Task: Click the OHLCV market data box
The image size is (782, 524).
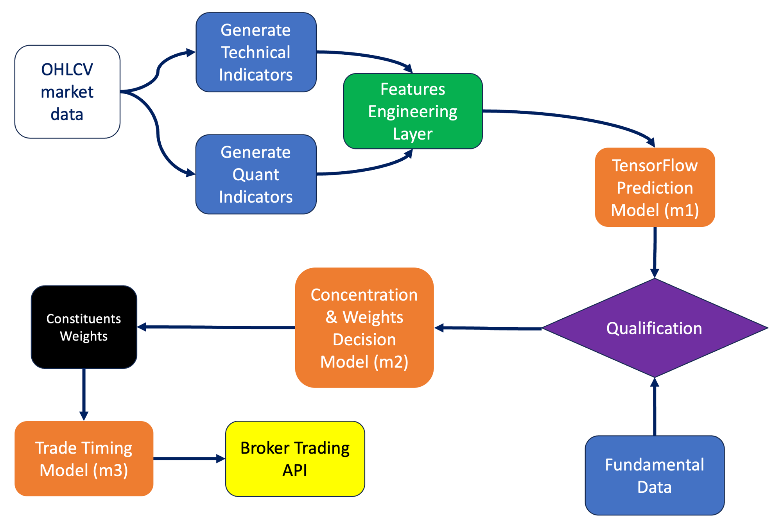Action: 67,92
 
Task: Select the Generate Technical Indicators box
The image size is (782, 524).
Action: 256,52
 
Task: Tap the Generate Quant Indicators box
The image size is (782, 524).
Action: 256,174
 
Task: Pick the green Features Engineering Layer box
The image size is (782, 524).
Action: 413,111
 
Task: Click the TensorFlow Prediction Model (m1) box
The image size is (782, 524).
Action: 655,187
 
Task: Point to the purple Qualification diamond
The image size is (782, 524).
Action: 655,328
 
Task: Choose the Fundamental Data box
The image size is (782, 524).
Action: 655,476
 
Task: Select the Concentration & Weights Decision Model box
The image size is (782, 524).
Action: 364,328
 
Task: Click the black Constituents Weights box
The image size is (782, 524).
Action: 84,327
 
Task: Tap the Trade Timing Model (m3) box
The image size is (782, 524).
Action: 84,459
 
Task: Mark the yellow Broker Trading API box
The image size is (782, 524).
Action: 295,459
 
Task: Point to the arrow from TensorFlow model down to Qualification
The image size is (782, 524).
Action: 655,252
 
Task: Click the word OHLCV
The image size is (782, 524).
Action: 67,70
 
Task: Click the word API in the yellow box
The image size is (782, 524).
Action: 295,470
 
